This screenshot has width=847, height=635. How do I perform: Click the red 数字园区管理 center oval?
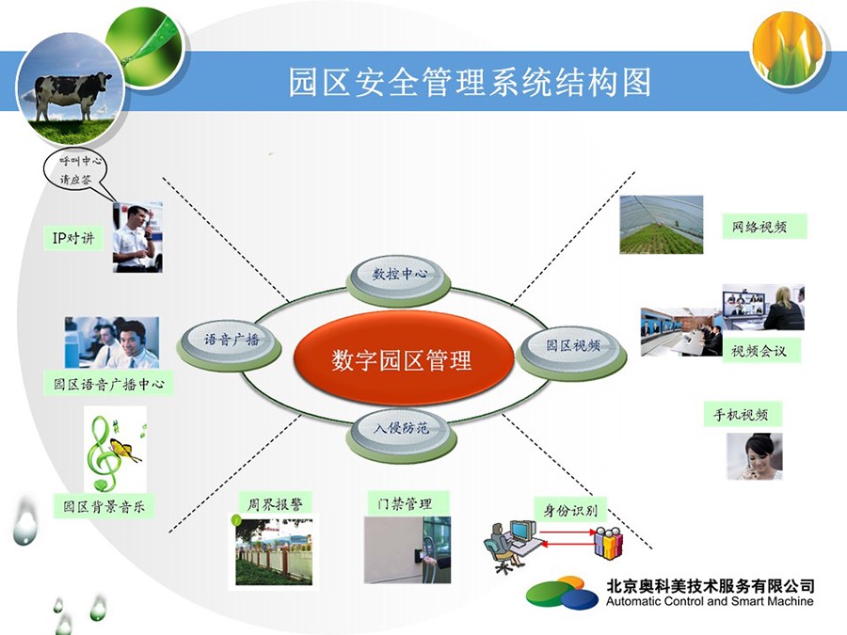coord(403,359)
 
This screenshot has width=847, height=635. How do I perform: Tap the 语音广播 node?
coord(231,343)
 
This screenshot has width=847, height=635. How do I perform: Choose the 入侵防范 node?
coord(401,432)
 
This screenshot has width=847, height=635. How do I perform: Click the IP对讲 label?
coord(73,238)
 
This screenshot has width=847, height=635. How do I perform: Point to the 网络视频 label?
coord(764,226)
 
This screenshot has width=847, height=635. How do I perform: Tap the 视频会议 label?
coord(761,351)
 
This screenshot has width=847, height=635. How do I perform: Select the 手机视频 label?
coord(743,414)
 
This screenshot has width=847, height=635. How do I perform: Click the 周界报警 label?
coord(275,504)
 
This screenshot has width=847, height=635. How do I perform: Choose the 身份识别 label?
coord(570,510)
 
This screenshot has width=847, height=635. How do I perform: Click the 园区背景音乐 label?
coord(104,506)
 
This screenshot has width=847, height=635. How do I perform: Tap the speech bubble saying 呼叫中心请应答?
coord(75,169)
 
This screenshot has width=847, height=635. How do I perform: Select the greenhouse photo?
coord(662,225)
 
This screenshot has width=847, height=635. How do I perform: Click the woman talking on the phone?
coord(754,456)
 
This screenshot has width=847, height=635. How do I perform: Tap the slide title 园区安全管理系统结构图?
coord(469,82)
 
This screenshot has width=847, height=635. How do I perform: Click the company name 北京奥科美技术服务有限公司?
coord(711,585)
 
